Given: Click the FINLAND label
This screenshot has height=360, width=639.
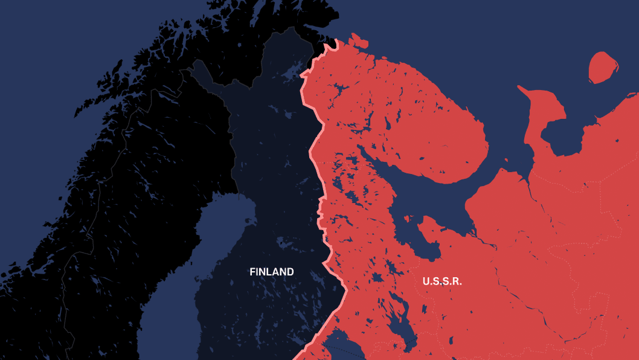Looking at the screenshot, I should (272, 272).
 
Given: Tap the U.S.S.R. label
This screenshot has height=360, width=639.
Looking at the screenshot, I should (442, 281).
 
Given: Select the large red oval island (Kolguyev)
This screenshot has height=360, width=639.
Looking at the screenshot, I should (603, 68).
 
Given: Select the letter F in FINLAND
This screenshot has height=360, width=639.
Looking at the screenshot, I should (252, 272).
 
